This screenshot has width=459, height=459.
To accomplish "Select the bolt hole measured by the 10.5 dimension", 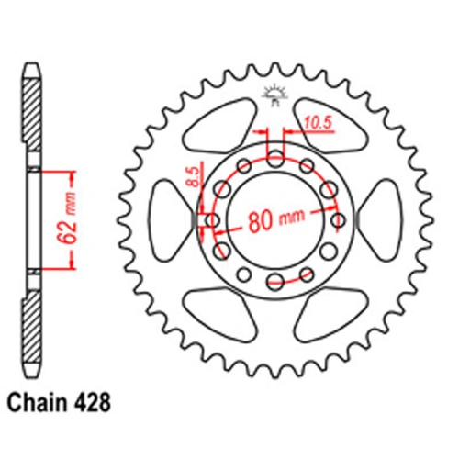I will pos(276,158).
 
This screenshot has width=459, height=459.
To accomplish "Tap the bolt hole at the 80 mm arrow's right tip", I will pos(339,220).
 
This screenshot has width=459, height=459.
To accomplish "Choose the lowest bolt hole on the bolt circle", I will pos(276,283).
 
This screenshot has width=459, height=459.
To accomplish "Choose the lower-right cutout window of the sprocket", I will pos(329,312).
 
